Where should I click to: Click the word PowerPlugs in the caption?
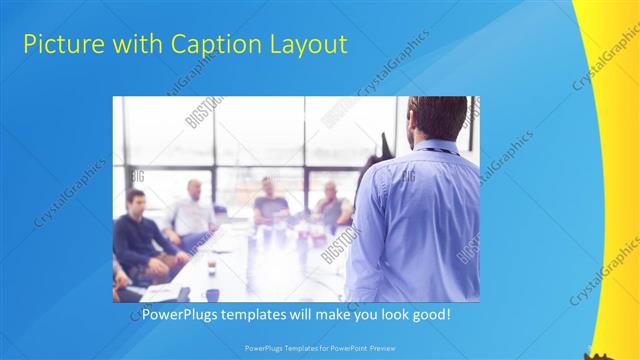point(178,314)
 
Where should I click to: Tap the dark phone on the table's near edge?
point(183,293)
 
